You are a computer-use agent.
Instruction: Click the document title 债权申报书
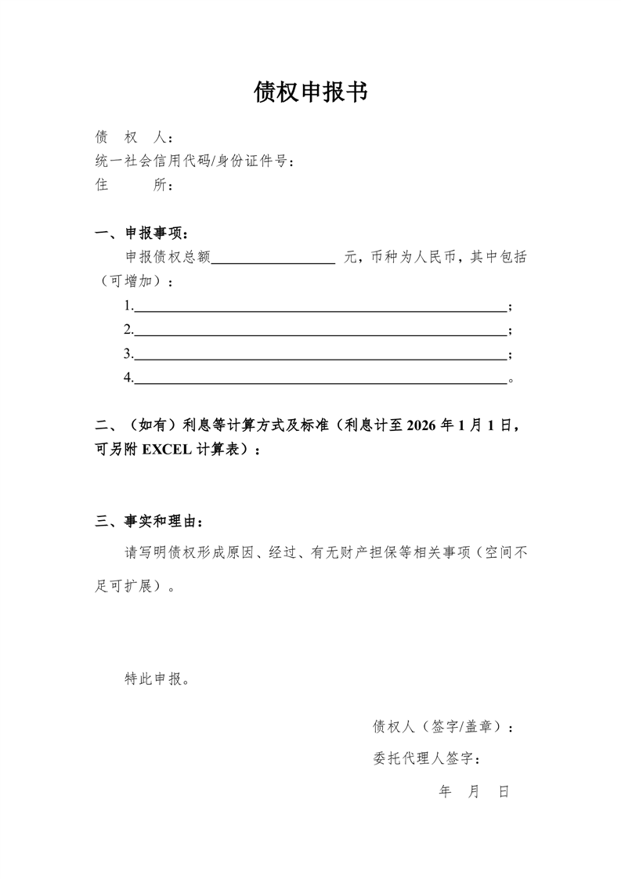click(310, 92)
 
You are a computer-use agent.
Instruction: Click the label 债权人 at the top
click(129, 138)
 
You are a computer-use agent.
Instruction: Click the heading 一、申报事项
click(141, 233)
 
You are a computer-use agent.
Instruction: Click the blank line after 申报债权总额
click(273, 259)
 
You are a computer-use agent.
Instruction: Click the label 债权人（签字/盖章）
click(442, 727)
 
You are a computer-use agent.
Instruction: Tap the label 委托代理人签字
click(428, 759)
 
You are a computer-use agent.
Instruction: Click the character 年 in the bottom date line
click(446, 792)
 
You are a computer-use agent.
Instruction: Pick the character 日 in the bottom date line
click(504, 792)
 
